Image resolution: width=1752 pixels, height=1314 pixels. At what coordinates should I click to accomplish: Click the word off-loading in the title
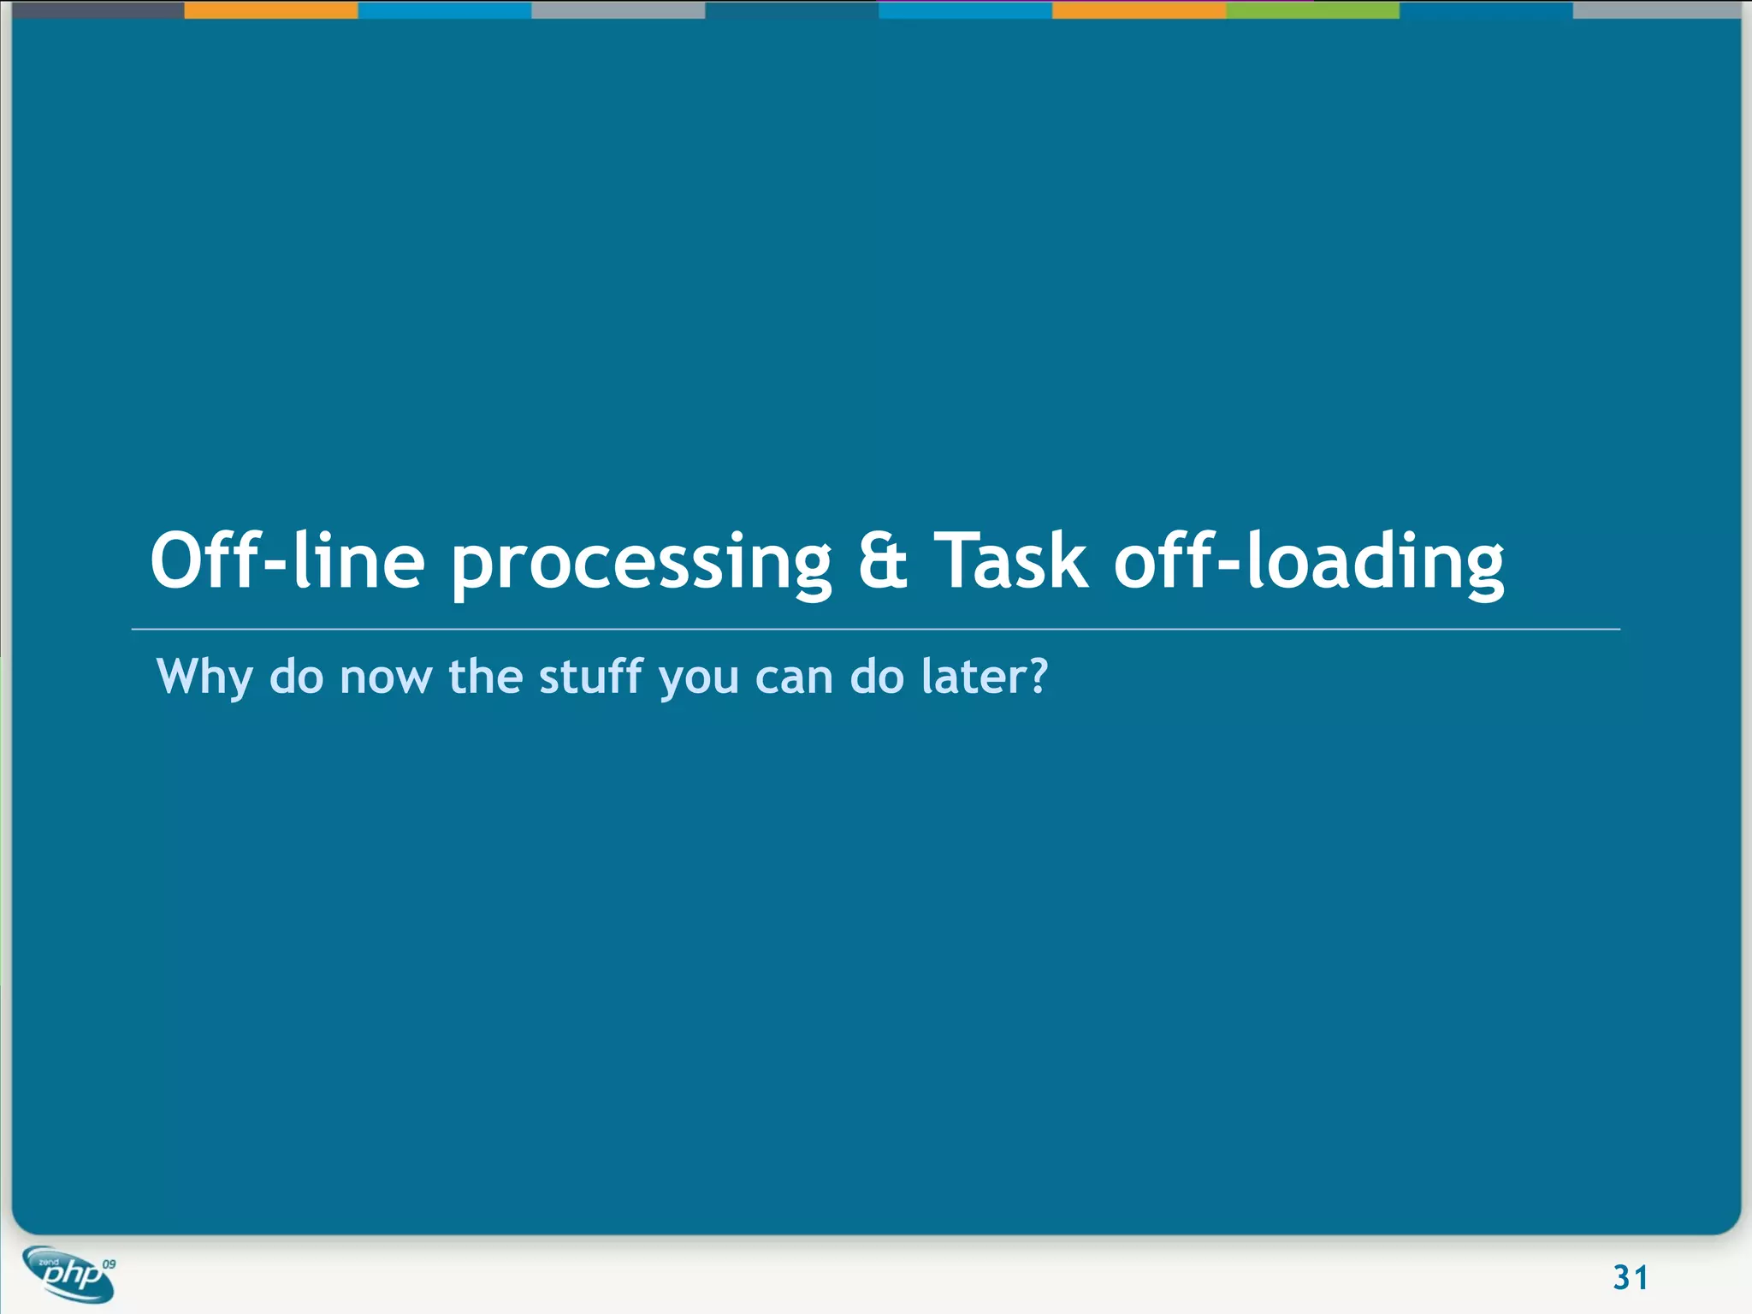pyautogui.click(x=1309, y=563)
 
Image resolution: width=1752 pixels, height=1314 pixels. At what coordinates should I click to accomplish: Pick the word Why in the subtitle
pyautogui.click(x=204, y=677)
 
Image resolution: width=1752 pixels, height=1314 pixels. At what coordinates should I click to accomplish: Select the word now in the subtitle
pyautogui.click(x=386, y=678)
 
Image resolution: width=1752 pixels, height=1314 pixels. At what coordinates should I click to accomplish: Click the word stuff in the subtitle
pyautogui.click(x=590, y=677)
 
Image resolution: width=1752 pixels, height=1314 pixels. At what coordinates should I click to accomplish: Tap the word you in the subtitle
pyautogui.click(x=699, y=680)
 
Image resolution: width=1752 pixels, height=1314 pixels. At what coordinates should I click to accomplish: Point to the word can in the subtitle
pyautogui.click(x=794, y=678)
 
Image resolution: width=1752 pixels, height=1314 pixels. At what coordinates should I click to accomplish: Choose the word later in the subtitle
pyautogui.click(x=973, y=677)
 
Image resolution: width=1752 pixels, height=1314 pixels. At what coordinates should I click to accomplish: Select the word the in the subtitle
pyautogui.click(x=485, y=677)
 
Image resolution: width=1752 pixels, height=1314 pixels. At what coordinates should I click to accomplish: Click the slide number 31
pyautogui.click(x=1630, y=1277)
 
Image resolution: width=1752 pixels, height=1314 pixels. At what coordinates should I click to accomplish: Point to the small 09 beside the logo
pyautogui.click(x=109, y=1264)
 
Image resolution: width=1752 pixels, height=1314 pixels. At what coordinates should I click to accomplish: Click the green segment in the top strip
pyautogui.click(x=1312, y=10)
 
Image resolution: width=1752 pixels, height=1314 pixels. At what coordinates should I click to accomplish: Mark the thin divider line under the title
pyautogui.click(x=875, y=630)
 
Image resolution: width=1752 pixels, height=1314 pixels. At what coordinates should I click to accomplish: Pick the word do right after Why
pyautogui.click(x=296, y=677)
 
